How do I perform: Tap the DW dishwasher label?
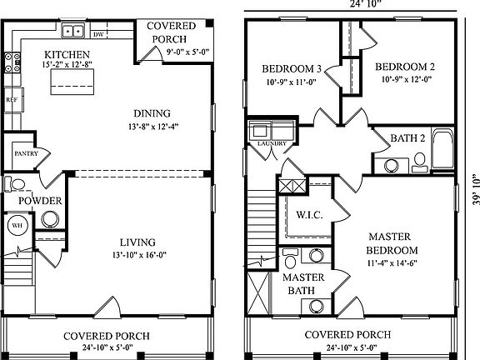click(98, 35)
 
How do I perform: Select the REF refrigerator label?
click(11, 99)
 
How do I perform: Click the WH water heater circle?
click(17, 224)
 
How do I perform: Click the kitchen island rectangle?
click(72, 81)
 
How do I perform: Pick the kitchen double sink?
click(74, 32)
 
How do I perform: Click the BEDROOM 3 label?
click(291, 68)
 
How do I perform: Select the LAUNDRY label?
click(272, 143)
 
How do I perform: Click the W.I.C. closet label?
click(309, 215)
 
